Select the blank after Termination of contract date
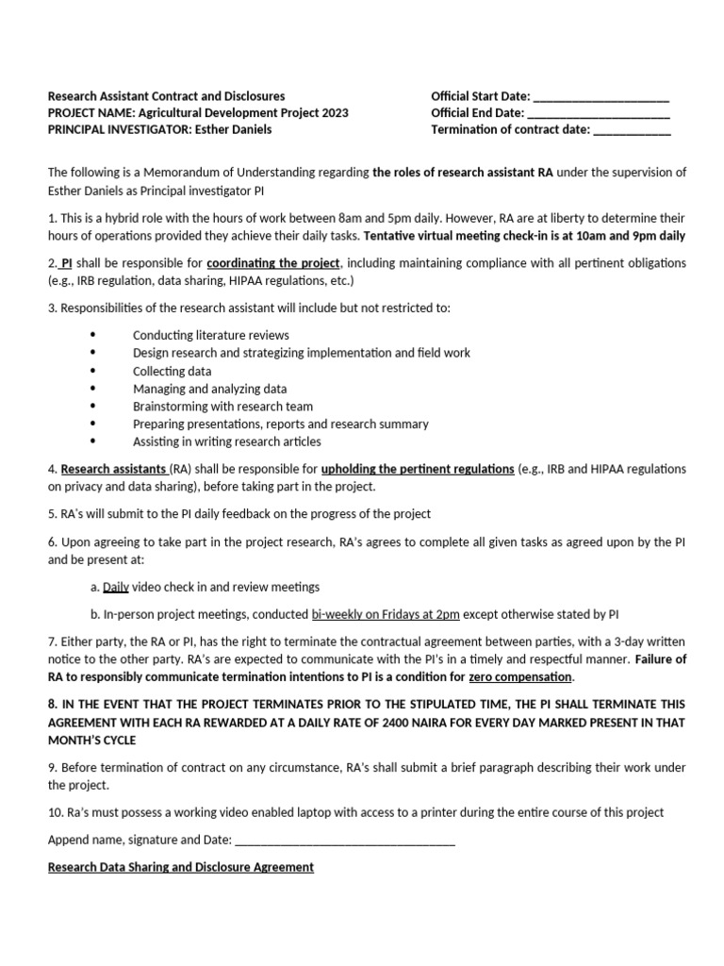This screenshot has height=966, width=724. point(632,131)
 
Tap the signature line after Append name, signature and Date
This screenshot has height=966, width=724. point(345,840)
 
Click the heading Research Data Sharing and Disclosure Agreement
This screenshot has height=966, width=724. point(181,867)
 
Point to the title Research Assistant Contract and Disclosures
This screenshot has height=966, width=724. point(167,96)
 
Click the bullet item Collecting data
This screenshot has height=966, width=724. point(172,371)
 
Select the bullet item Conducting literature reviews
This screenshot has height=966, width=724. point(211,335)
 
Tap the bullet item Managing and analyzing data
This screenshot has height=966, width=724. point(210,389)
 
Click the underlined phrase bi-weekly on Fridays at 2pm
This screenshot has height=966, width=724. point(386,613)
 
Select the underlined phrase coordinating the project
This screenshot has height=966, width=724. point(272,262)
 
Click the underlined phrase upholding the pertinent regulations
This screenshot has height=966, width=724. point(418,469)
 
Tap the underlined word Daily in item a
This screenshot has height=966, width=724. point(115,587)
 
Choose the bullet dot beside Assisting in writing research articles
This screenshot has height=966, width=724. point(92,441)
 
